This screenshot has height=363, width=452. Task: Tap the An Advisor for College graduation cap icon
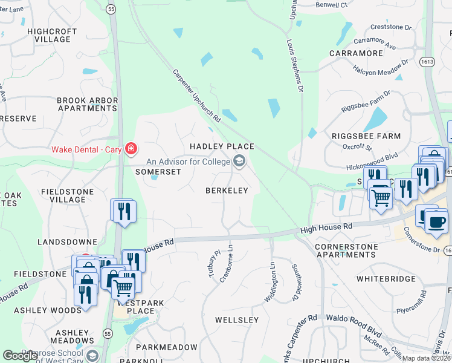[239, 161]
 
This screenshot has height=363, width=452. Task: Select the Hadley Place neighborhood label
[222, 146]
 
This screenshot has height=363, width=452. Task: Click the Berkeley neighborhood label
[227, 191]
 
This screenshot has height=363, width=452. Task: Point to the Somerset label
[158, 172]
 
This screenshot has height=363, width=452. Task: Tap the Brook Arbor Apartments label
[86, 104]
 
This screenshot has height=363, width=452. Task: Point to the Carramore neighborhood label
[356, 53]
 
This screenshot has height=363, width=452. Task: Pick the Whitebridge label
[386, 279]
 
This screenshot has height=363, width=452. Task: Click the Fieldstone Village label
[63, 195]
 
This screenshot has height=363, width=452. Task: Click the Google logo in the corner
[21, 356]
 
